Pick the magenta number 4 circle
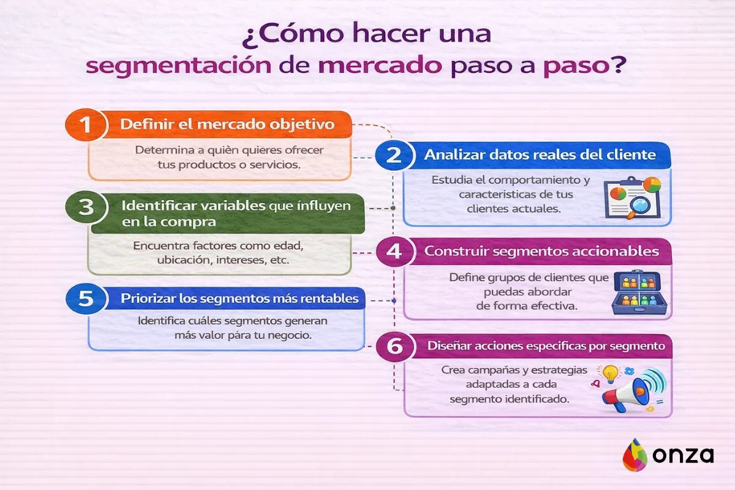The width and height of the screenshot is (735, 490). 395,252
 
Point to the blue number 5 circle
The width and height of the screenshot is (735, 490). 85,300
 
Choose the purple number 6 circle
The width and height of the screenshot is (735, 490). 395,347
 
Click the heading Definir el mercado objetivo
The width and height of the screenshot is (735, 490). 227,124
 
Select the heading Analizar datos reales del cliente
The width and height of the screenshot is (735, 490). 540,155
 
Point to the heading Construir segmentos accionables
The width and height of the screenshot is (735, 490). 541,251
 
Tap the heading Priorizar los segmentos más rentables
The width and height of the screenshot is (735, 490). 239,300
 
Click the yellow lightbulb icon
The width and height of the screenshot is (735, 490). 609,373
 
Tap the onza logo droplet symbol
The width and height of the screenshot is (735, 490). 635,455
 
